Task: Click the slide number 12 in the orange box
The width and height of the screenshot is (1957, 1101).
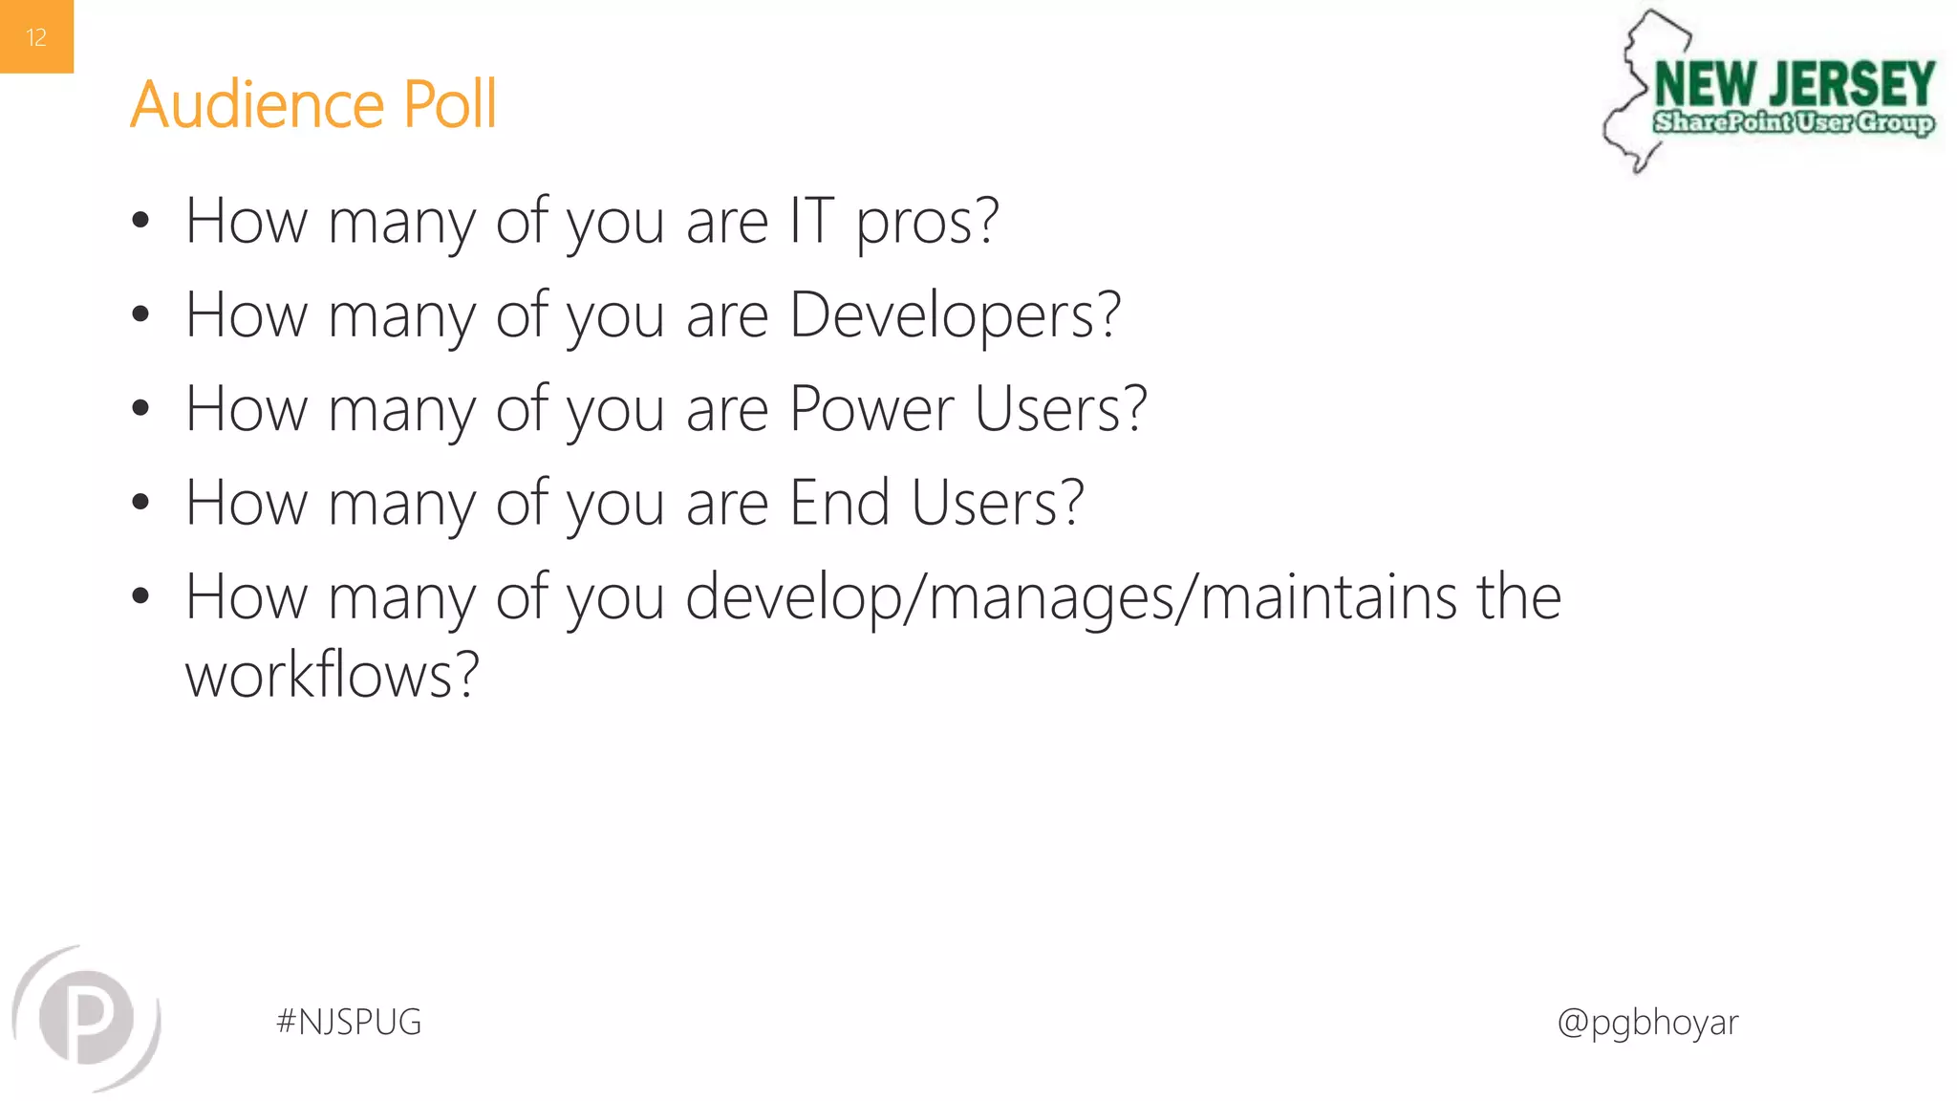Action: tap(36, 37)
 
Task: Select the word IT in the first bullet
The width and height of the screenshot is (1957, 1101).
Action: tap(811, 221)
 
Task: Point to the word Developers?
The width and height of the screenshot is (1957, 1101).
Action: tap(955, 316)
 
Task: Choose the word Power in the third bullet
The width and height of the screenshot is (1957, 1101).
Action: tap(871, 409)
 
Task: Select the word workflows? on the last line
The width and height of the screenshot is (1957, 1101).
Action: tap(332, 675)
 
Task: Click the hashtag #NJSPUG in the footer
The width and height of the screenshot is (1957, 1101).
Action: tap(349, 1022)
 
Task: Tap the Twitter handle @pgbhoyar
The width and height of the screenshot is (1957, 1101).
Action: tap(1647, 1023)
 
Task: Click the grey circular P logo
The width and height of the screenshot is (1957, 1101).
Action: tap(87, 1017)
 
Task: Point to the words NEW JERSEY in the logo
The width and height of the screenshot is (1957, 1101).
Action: tap(1794, 84)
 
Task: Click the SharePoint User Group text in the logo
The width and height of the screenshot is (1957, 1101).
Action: tap(1794, 122)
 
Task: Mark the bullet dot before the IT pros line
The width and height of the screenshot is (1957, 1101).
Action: tap(140, 222)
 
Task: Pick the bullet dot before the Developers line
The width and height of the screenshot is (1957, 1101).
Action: tap(140, 314)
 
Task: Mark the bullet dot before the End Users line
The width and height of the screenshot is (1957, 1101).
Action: tap(140, 503)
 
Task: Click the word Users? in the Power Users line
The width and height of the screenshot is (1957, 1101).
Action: tap(1060, 409)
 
